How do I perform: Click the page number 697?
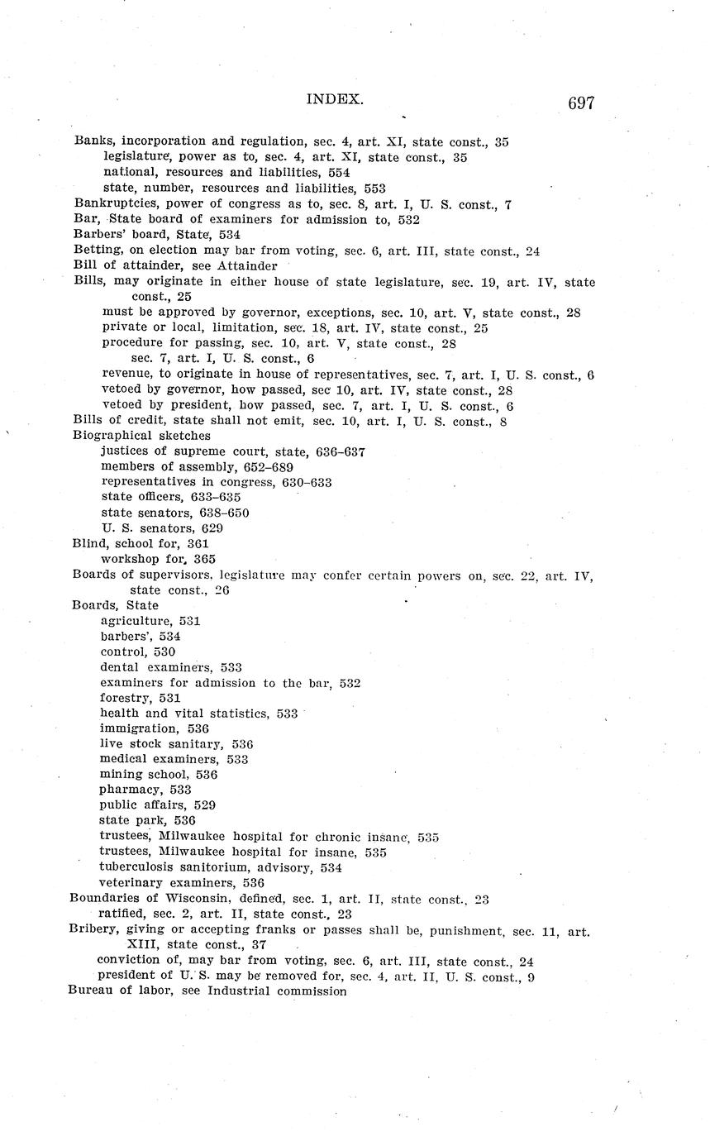tap(580, 103)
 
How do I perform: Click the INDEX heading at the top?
tap(335, 99)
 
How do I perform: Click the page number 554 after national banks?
tap(339, 173)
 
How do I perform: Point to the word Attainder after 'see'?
tap(246, 266)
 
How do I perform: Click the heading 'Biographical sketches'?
tap(141, 435)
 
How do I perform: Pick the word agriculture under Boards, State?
tap(135, 620)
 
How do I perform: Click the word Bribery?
tap(93, 930)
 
